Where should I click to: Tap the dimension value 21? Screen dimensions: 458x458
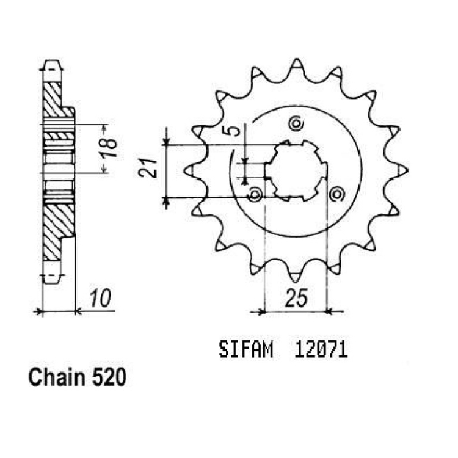[x=148, y=169]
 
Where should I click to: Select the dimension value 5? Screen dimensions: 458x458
[x=234, y=131]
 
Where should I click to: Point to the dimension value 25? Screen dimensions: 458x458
[x=296, y=298]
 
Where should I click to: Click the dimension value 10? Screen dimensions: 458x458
[x=100, y=298]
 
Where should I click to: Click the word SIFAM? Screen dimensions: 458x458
[x=246, y=350]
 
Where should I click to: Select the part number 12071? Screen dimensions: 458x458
[x=321, y=350]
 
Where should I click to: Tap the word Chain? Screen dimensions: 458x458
[x=56, y=377]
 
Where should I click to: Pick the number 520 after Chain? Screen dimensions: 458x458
[x=109, y=377]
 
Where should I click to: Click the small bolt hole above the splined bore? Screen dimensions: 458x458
[x=296, y=124]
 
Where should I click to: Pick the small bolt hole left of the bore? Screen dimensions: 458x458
[x=255, y=194]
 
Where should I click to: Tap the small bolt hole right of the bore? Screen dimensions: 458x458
[x=337, y=194]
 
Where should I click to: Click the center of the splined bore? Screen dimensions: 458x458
[x=296, y=171]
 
